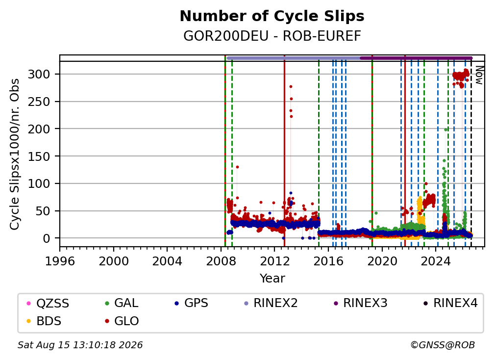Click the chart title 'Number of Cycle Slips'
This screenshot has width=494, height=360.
pyautogui.click(x=272, y=16)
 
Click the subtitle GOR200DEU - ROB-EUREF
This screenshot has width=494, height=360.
pyautogui.click(x=272, y=36)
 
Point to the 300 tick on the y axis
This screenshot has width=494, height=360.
pyautogui.click(x=39, y=75)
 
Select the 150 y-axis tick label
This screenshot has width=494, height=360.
pyautogui.click(x=39, y=156)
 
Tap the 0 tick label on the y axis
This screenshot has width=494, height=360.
pyautogui.click(x=47, y=238)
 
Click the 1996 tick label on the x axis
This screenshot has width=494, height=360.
pyautogui.click(x=60, y=261)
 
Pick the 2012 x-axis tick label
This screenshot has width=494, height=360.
pyautogui.click(x=274, y=261)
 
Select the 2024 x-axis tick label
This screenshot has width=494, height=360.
pyautogui.click(x=435, y=261)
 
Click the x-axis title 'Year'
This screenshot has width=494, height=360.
pyautogui.click(x=272, y=279)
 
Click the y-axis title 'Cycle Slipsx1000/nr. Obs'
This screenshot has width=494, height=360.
pyautogui.click(x=15, y=154)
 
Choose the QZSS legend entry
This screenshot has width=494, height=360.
pyautogui.click(x=48, y=303)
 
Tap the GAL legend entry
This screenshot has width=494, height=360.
pyautogui.click(x=122, y=303)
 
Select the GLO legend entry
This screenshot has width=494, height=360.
pyautogui.click(x=122, y=321)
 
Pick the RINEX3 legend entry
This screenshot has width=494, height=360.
pyautogui.click(x=360, y=303)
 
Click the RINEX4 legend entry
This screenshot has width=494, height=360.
pyautogui.click(x=450, y=303)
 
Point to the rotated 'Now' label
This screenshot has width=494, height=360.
pyautogui.click(x=479, y=75)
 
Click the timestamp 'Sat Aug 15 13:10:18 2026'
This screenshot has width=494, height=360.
pyautogui.click(x=80, y=345)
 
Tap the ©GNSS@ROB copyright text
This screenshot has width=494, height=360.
pyautogui.click(x=443, y=345)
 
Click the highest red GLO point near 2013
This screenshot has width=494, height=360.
pyautogui.click(x=291, y=86)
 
